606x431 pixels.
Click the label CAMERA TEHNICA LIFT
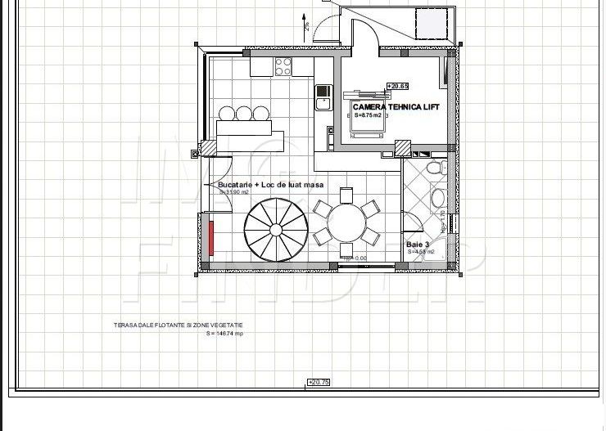[x=396, y=107]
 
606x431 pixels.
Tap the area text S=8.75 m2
[x=369, y=116]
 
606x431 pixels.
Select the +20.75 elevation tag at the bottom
[x=318, y=382]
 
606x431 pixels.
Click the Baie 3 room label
[x=418, y=245]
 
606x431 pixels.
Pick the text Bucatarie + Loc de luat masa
[x=271, y=185]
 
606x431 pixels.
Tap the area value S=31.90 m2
[x=233, y=192]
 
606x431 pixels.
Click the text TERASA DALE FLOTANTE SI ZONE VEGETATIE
[x=178, y=325]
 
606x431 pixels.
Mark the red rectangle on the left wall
[x=210, y=237]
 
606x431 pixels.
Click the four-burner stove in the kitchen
[x=283, y=66]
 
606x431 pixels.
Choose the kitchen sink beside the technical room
[x=321, y=97]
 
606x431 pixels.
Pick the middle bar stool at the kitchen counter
[x=243, y=113]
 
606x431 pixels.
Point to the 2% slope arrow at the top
[x=305, y=22]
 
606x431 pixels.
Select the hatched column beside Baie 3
[x=402, y=147]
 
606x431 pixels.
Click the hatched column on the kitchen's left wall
[x=209, y=147]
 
